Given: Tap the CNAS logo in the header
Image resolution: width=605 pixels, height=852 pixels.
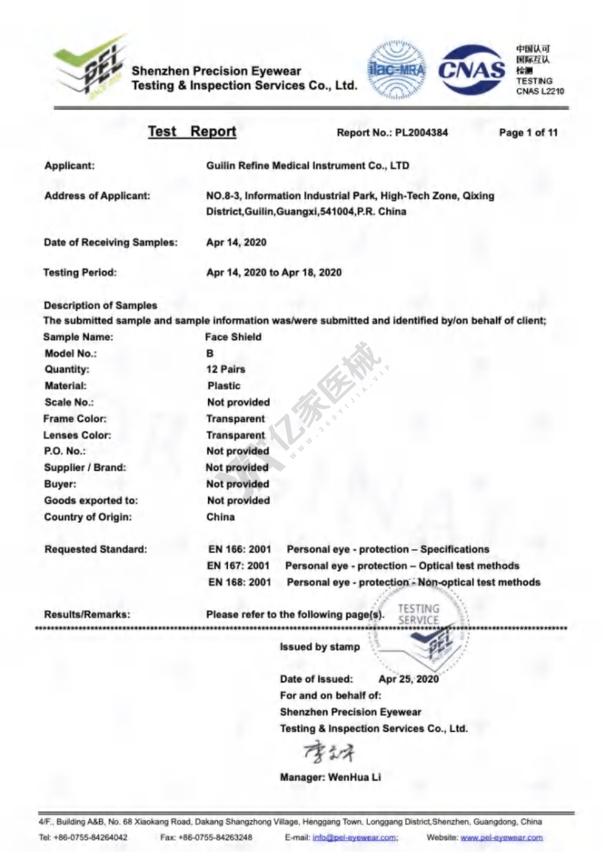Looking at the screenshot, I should pos(471,70).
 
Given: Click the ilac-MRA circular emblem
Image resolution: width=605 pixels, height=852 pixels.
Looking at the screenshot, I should pos(397,70).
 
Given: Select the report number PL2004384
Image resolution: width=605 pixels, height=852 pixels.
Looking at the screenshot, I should pos(421,133).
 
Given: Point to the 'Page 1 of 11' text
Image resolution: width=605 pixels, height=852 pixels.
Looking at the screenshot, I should pos(528,133).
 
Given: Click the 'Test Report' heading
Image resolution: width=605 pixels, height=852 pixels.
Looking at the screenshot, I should pos(192,131).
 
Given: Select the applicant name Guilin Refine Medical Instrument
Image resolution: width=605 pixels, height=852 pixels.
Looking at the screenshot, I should pos(307,166).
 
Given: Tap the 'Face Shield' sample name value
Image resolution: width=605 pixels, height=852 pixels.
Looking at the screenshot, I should pos(234,337).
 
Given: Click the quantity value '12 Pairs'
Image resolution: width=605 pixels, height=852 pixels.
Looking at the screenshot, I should pos(226,369).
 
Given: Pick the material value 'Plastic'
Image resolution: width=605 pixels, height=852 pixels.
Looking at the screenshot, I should pos(224,385).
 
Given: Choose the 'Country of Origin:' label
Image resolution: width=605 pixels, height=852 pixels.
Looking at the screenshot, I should pos(88,517).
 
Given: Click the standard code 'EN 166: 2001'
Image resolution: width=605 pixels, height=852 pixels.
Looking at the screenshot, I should pos(240,549).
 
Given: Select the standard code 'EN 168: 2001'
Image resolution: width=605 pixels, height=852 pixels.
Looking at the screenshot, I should pos(240,582).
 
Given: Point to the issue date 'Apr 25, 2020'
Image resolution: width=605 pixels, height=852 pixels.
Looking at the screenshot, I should pos(408,679).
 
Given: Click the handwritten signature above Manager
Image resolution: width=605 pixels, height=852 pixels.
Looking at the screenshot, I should pos(329,752).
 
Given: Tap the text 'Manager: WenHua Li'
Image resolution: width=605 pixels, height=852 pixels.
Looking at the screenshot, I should pos(330,777).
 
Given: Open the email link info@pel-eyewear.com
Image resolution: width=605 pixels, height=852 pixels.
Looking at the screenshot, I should pos(355,837).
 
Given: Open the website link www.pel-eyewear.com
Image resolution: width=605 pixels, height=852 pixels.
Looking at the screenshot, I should pos(502,837).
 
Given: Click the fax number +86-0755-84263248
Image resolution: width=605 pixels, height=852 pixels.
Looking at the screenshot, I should pos(215,837).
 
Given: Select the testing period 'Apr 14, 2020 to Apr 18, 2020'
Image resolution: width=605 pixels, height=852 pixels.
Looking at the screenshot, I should pos(274,272).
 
